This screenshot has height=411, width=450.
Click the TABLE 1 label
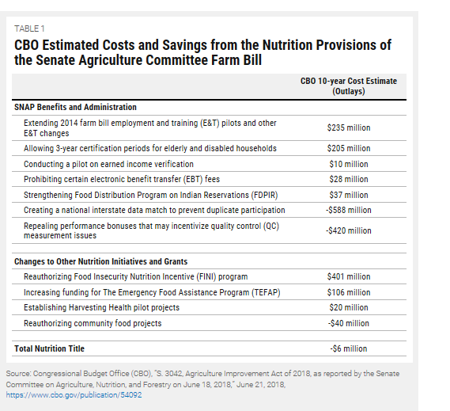pos(29,29)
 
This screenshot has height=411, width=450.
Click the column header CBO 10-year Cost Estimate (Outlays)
pos(349,86)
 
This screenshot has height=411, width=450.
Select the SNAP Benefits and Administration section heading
pos(75,107)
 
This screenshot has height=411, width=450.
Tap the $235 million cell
pos(349,127)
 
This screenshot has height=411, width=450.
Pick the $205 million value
pos(349,148)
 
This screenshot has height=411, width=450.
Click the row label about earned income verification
pos(108,164)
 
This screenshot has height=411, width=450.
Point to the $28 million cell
pos(349,179)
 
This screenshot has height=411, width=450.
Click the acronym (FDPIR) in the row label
pos(264,195)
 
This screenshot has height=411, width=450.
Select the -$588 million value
pos(349,210)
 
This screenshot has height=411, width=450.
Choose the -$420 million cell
pos(349,230)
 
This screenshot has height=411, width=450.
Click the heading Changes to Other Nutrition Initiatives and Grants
pos(100,261)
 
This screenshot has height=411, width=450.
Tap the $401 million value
pos(349,276)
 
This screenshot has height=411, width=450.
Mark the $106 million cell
pos(349,292)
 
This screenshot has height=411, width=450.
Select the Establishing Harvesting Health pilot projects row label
pos(101,307)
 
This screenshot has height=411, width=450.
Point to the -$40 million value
pos(349,323)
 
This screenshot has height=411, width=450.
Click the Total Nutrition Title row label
pos(49,348)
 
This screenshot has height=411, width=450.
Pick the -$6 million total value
pos(349,348)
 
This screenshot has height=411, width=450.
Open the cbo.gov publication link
pos(74,395)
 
